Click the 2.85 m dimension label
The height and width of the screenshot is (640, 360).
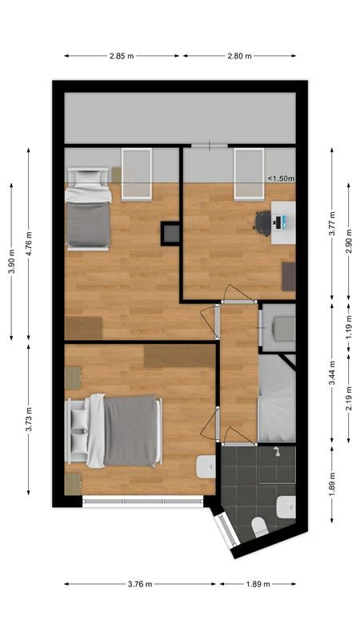122,56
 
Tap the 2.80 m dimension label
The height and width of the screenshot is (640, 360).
239,56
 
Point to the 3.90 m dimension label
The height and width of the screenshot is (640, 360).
11,261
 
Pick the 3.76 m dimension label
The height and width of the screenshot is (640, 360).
141,584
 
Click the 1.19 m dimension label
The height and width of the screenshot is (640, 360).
349,328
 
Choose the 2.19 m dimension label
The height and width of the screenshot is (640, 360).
349,398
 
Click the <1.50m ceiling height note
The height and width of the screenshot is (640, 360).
281,179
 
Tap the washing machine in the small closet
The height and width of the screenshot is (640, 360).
283,329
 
